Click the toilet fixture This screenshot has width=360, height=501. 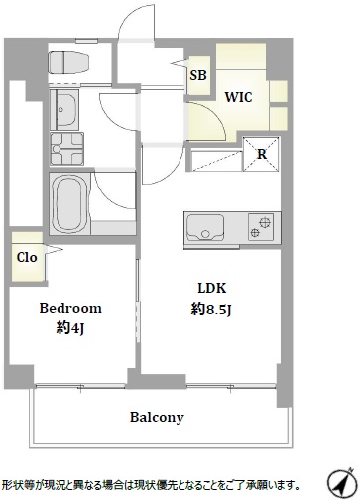69,63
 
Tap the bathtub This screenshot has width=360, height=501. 69,204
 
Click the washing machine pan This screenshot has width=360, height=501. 67,149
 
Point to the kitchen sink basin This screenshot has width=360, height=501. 205,227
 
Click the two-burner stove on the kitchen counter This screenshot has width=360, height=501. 261,227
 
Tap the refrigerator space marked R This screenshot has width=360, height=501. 262,154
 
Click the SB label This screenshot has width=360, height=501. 198,75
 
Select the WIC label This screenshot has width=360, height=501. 238,97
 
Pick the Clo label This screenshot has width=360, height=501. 27,257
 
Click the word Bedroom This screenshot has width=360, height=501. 70,308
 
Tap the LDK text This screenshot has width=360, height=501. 212,288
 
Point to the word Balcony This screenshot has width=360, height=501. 157,417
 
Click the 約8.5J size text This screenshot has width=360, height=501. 210,310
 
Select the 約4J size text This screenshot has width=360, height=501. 70,328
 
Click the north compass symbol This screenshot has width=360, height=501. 341,483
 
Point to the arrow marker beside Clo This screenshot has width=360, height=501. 54,250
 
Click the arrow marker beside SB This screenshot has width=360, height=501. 179,63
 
